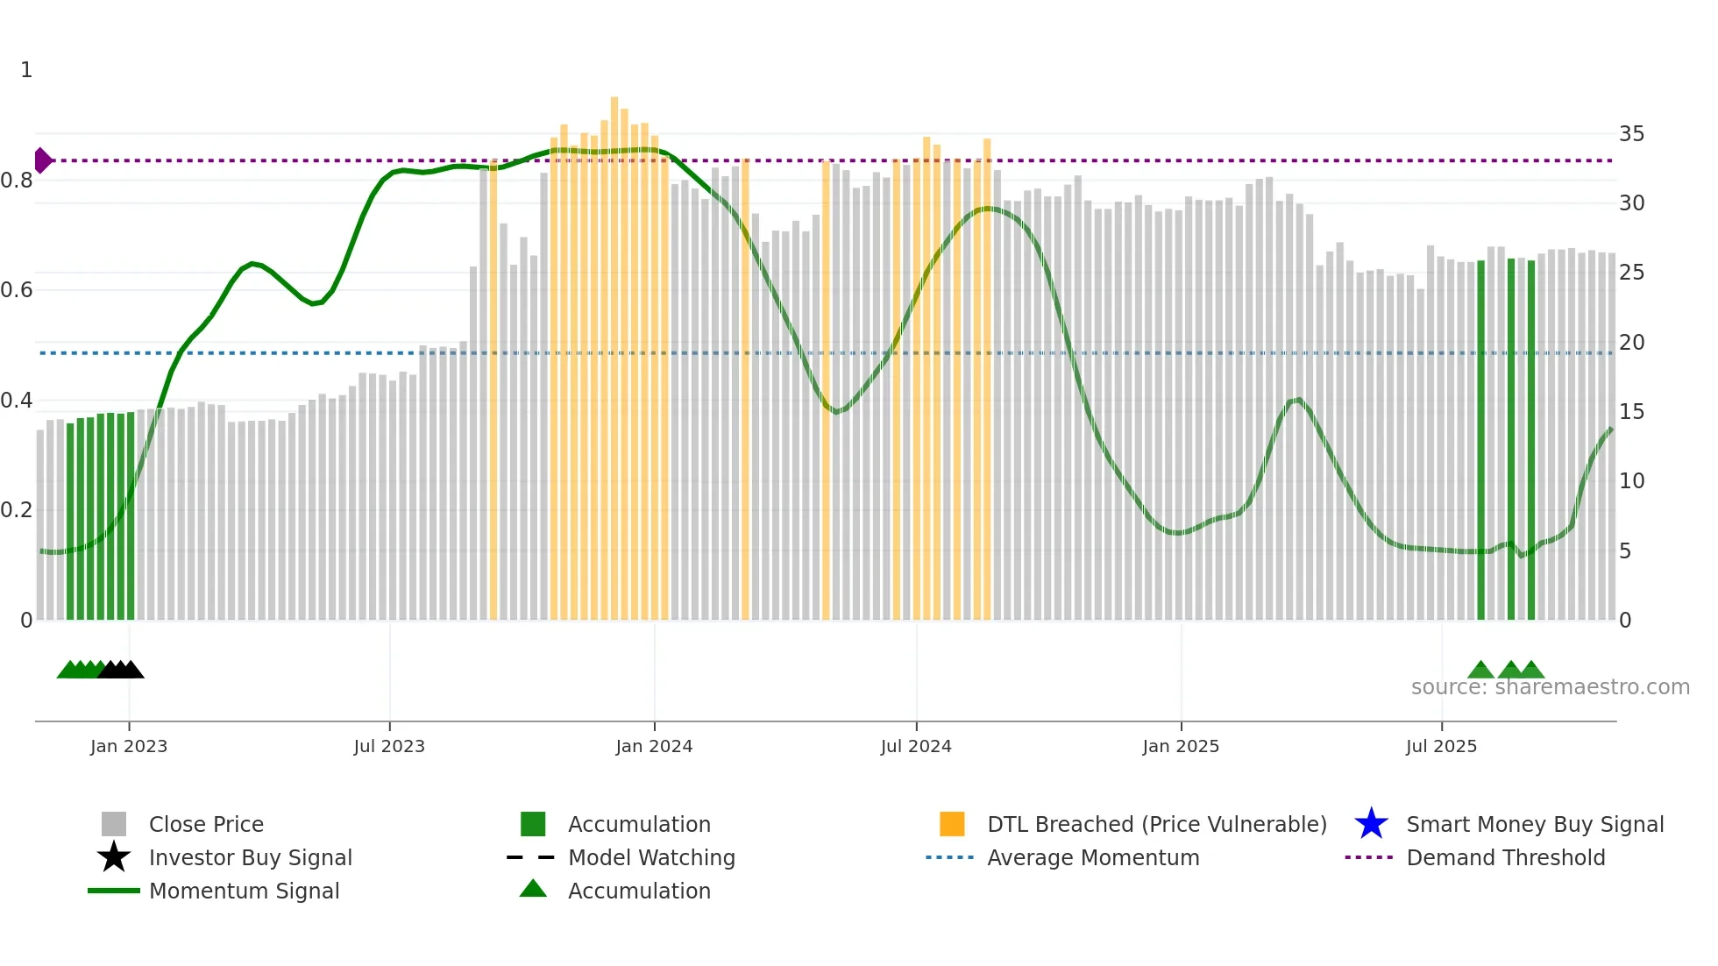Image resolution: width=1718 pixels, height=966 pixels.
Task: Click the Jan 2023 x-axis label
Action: tap(128, 746)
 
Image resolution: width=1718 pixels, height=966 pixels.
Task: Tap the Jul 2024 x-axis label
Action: tap(916, 746)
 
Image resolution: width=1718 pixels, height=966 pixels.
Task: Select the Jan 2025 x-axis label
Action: tap(1181, 746)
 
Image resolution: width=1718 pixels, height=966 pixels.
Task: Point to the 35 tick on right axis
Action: tap(1631, 134)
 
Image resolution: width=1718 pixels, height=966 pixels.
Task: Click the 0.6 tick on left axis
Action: tap(17, 290)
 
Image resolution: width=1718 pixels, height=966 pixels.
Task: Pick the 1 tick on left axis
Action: tap(26, 70)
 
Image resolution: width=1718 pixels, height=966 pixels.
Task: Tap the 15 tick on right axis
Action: tap(1631, 412)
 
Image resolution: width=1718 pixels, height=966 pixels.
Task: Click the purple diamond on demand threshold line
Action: tap(42, 160)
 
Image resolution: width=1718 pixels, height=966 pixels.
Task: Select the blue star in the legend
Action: tap(1371, 824)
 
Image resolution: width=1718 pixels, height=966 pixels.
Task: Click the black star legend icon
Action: tap(114, 857)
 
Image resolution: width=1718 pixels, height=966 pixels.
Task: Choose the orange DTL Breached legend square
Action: tap(952, 824)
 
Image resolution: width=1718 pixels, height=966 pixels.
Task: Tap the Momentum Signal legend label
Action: tap(244, 891)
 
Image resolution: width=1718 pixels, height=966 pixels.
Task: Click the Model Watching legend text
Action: tap(651, 857)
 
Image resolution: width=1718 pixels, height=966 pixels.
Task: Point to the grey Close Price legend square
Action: tap(114, 824)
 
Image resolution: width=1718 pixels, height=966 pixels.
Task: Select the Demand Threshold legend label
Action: tap(1505, 857)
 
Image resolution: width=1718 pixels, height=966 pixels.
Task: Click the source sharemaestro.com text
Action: tap(1550, 687)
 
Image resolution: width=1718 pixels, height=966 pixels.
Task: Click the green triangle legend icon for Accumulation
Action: tap(533, 889)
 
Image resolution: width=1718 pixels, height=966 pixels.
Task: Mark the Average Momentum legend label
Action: tap(1093, 857)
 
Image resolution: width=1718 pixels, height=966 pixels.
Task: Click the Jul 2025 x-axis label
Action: tap(1441, 746)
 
